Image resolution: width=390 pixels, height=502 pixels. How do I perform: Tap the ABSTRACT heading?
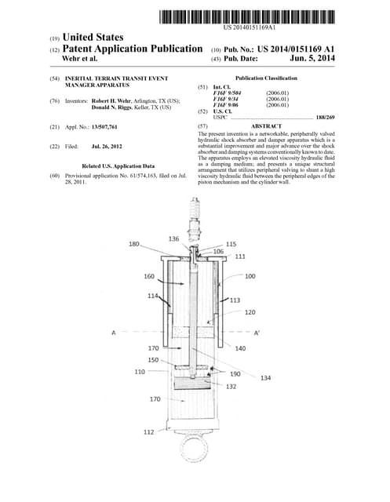click(266, 125)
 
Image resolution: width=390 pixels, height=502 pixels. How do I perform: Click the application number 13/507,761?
click(104, 125)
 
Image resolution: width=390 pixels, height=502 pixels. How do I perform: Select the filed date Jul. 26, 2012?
click(108, 146)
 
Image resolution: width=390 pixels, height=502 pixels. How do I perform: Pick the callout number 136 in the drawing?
click(173, 238)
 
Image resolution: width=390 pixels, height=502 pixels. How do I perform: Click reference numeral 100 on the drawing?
click(250, 276)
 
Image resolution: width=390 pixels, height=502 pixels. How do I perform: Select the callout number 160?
click(149, 276)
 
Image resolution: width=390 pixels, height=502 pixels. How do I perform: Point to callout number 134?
click(265, 377)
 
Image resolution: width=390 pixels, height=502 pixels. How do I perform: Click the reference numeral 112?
click(149, 432)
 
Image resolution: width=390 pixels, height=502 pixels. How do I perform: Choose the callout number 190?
click(235, 374)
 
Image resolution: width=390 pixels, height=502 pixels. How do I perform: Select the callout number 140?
click(240, 347)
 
